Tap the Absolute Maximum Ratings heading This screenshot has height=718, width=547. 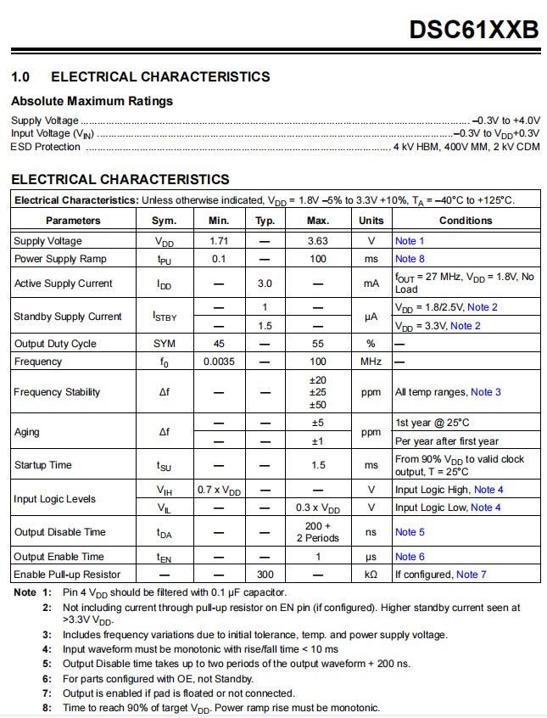[92, 101]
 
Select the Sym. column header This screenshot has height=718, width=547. [164, 221]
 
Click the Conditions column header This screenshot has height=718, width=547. [465, 221]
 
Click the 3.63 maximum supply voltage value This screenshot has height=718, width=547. [318, 241]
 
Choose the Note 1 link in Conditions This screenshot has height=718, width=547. [410, 241]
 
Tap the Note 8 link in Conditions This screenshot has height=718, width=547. [410, 259]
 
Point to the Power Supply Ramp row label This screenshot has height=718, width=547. [60, 259]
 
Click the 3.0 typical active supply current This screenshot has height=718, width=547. [265, 283]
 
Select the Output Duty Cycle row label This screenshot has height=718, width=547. [55, 344]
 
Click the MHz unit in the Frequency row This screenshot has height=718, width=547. [371, 362]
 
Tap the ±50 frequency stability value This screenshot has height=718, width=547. [318, 405]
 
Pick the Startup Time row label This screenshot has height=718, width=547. [42, 465]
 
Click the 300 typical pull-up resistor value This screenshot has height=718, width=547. [265, 575]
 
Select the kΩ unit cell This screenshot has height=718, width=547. [371, 575]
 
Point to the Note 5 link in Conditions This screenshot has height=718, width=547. [410, 532]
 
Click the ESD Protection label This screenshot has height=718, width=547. [46, 147]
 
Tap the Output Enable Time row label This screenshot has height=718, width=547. [59, 557]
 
